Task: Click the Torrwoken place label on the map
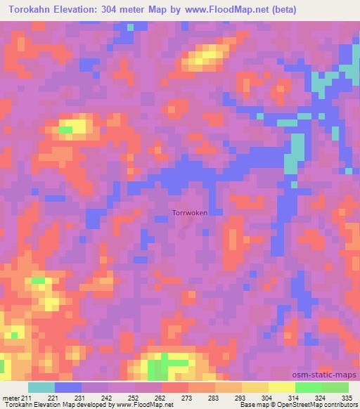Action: pos(190,212)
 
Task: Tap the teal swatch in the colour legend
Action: pos(41,387)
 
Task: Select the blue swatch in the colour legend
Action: pos(68,387)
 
